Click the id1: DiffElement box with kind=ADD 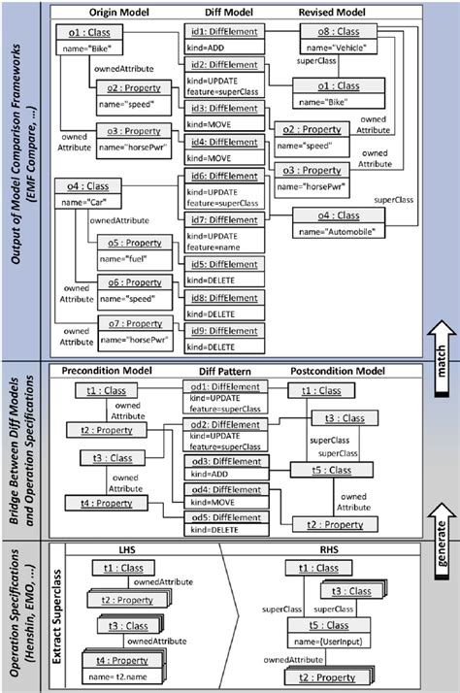[x=223, y=41]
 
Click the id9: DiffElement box [x=223, y=338]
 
